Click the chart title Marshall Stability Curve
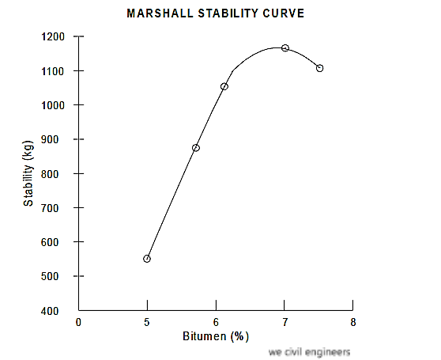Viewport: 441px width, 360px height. pos(215,14)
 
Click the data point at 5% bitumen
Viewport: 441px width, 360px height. pos(147,259)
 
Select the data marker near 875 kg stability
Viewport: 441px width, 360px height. pos(196,148)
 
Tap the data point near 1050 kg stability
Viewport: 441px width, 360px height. pos(224,86)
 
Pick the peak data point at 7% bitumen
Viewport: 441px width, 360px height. pos(285,48)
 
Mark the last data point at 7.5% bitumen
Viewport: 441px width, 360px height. pos(320,68)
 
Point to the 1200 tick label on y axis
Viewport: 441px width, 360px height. pos(55,37)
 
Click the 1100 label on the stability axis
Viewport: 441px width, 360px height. pos(55,71)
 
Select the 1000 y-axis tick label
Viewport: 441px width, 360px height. pos(55,105)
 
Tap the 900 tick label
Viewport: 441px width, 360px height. pos(57,140)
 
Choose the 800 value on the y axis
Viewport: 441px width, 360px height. pos(57,174)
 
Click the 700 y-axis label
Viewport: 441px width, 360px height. pos(57,208)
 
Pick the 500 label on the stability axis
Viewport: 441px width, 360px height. pos(57,277)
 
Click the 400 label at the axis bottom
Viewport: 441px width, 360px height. pos(57,311)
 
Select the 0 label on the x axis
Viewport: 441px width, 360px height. pos(79,323)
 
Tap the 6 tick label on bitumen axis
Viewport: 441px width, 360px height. pos(216,323)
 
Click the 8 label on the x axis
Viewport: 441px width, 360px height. pos(352,323)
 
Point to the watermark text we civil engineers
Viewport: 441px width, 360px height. pos(309,352)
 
